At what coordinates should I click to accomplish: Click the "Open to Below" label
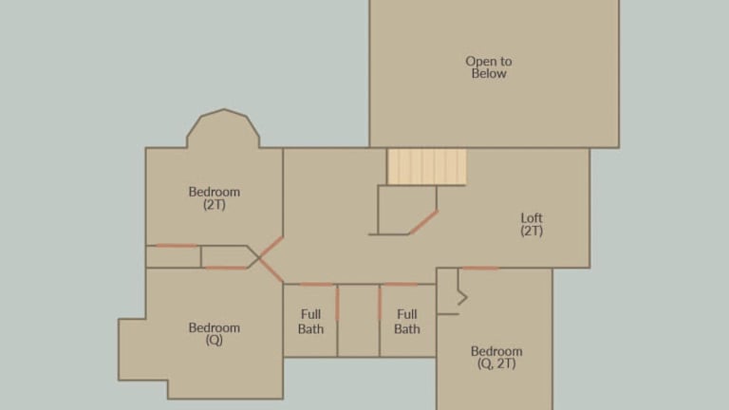(x=489, y=67)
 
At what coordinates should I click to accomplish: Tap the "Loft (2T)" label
(x=532, y=225)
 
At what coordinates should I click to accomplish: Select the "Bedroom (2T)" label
(x=215, y=198)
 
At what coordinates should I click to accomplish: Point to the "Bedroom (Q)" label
(x=215, y=334)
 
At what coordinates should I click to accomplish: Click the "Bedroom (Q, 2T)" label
(x=496, y=358)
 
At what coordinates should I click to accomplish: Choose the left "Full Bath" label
(x=310, y=322)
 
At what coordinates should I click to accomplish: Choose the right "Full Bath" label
(x=407, y=322)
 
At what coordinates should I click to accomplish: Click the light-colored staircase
(x=427, y=166)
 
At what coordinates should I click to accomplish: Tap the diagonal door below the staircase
(x=423, y=223)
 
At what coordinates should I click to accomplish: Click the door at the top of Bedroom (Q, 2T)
(x=479, y=269)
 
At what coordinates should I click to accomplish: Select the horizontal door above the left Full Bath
(x=316, y=284)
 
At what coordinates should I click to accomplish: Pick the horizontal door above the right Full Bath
(x=401, y=284)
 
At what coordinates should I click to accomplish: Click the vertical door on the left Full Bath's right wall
(x=338, y=303)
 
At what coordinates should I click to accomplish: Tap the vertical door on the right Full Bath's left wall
(x=380, y=303)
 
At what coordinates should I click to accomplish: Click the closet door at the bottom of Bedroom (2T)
(x=177, y=246)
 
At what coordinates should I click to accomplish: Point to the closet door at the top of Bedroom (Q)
(x=226, y=268)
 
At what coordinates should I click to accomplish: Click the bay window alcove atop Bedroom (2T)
(x=223, y=129)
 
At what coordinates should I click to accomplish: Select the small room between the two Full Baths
(x=359, y=321)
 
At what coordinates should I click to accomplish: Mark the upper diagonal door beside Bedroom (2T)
(x=271, y=248)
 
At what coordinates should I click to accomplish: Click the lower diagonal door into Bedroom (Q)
(x=271, y=270)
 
